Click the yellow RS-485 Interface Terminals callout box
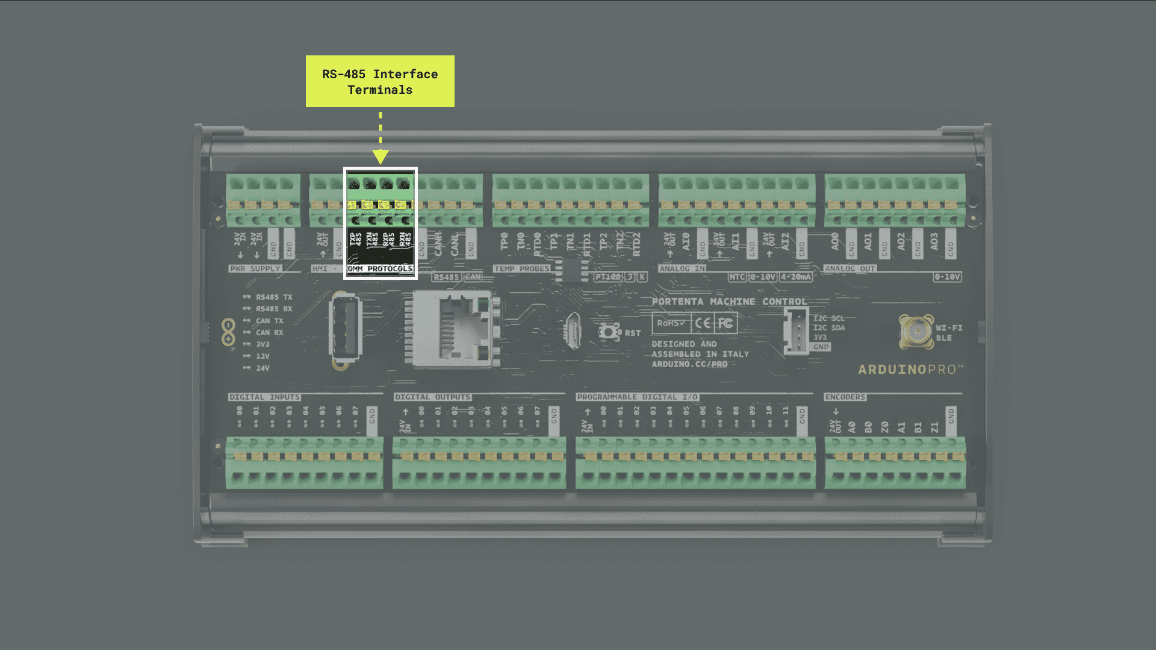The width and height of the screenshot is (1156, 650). pos(380,81)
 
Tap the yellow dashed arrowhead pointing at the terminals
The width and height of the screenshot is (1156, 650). pos(380,157)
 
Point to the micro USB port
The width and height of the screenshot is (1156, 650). pos(573,330)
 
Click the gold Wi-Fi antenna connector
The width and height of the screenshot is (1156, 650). pos(916,330)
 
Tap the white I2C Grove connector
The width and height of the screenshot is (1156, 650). pos(795,330)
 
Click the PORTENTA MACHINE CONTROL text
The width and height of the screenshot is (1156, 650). pos(729,302)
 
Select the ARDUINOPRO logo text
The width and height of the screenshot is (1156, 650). pos(910,370)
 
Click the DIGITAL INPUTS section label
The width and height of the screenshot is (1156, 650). pos(264,397)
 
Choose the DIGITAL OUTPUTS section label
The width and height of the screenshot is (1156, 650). pos(432,397)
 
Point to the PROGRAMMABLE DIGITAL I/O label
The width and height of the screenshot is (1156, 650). pos(637,397)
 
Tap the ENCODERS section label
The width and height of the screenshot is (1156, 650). pos(845,397)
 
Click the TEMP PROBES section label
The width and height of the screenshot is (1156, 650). pos(521,268)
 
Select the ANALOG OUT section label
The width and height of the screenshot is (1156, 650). pos(850,268)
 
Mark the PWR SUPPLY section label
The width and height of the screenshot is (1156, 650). pos(255,268)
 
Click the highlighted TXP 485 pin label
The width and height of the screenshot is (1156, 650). pos(355,240)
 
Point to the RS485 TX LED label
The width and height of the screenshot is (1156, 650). pos(273,297)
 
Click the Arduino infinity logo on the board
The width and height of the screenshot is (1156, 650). pos(228,333)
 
